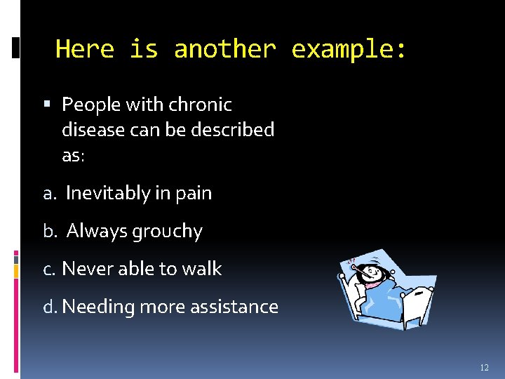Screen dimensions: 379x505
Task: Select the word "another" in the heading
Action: click(x=224, y=49)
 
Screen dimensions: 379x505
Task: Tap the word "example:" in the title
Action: click(x=349, y=49)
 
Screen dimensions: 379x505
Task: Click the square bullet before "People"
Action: click(x=46, y=105)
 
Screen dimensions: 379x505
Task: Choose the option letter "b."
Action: click(x=51, y=231)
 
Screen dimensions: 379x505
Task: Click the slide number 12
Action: click(x=484, y=368)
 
